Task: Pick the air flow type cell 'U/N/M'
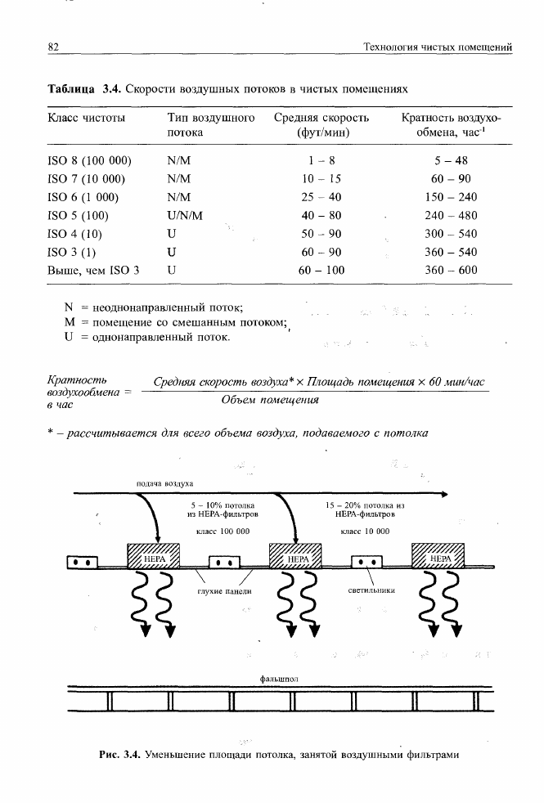184,216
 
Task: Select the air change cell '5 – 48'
452,161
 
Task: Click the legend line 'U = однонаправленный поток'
147,337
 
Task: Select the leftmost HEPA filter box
155,559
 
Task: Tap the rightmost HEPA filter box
438,559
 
